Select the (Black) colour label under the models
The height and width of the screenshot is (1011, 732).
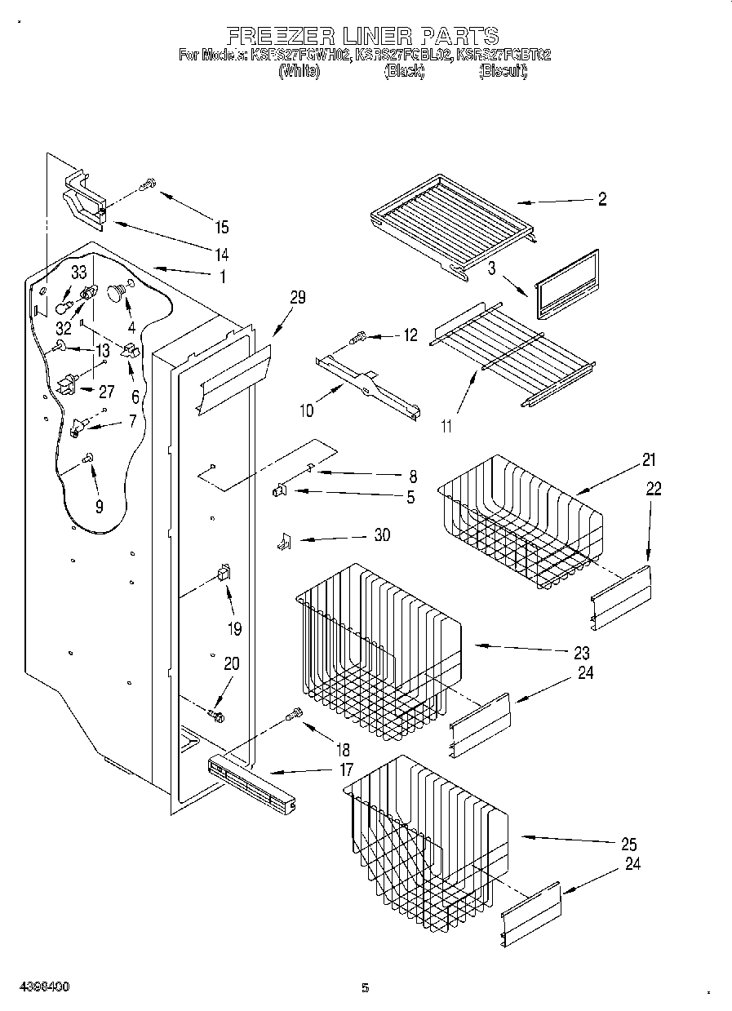click(x=404, y=72)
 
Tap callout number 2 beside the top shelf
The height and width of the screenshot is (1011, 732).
click(x=601, y=200)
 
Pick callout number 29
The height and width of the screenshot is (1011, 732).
click(x=297, y=298)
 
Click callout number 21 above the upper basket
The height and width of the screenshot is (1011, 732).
click(x=648, y=460)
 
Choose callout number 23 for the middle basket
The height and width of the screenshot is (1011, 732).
click(x=581, y=654)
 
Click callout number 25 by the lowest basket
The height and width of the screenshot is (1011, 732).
click(x=628, y=845)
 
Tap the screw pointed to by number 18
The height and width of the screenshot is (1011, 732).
click(x=294, y=715)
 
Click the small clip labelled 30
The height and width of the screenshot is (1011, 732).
click(x=284, y=541)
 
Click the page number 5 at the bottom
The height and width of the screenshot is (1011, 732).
click(x=365, y=988)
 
